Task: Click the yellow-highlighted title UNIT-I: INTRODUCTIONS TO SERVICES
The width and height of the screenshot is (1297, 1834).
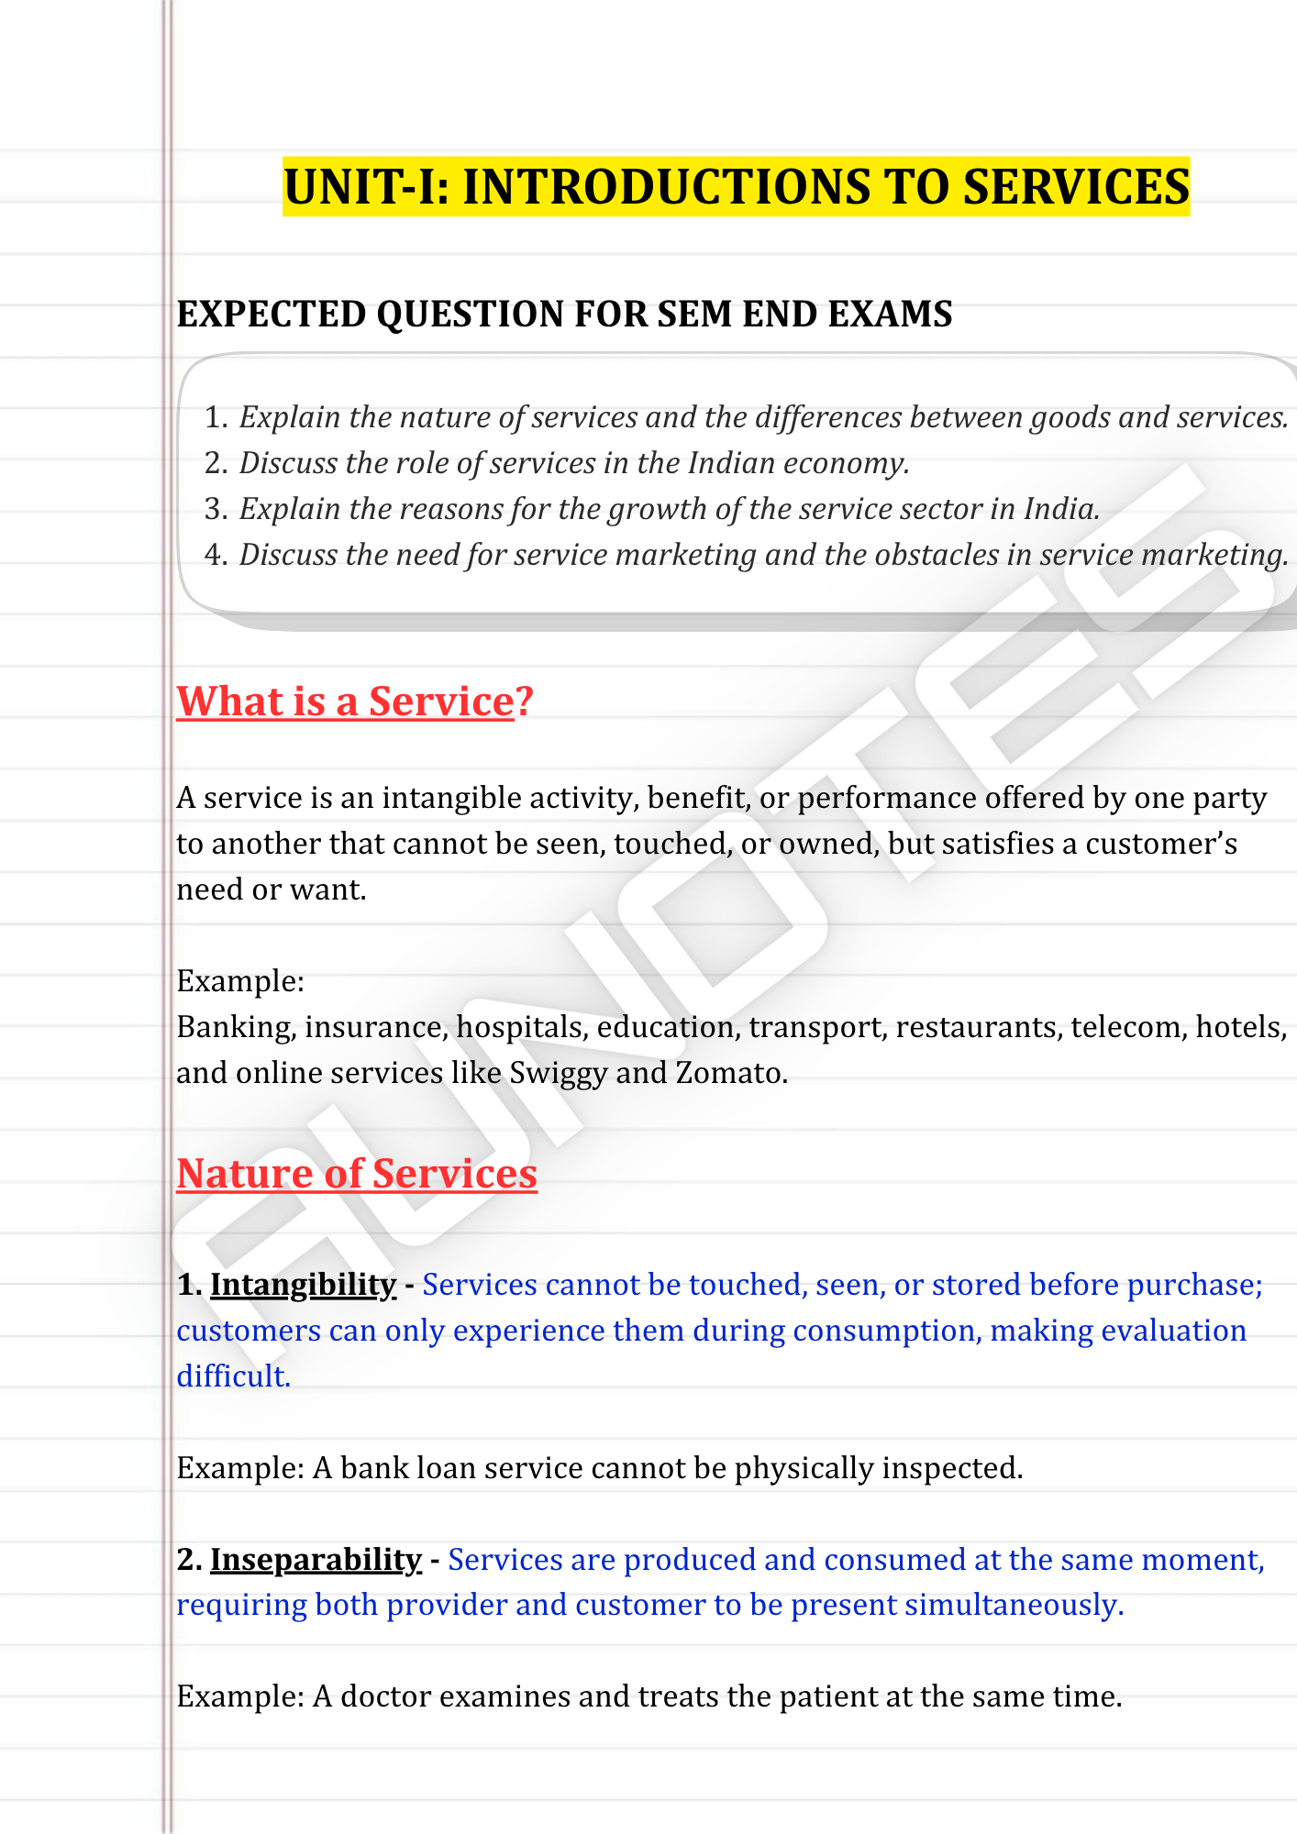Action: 736,187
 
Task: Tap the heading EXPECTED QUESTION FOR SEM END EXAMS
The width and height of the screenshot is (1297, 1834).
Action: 564,315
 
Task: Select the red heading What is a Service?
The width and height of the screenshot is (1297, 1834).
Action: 354,702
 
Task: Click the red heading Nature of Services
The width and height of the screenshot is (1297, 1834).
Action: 357,1174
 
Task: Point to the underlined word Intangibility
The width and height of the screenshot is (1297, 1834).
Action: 303,1285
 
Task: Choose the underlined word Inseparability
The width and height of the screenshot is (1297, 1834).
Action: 316,1560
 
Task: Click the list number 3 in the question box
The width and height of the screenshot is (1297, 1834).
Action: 215,509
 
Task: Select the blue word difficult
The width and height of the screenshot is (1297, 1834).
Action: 233,1376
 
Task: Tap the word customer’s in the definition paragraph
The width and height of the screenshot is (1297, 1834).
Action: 1161,844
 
